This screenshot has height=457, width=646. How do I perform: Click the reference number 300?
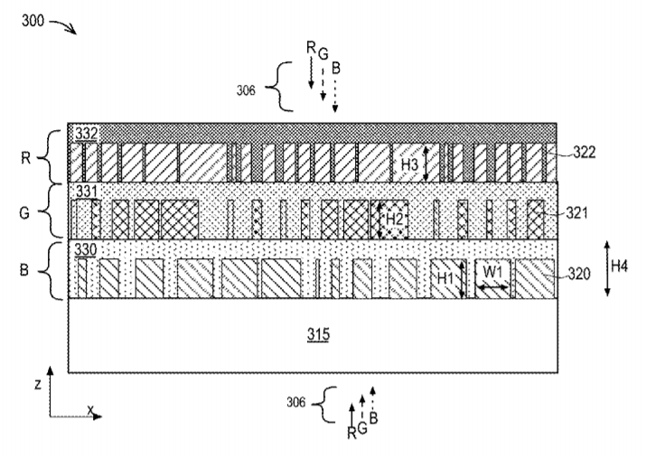(33, 20)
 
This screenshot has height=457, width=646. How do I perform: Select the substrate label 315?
(318, 334)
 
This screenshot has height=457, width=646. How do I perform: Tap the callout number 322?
(585, 153)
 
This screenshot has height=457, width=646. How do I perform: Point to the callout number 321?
(576, 213)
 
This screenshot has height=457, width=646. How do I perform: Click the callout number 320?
(579, 274)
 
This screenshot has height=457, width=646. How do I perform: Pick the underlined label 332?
(87, 134)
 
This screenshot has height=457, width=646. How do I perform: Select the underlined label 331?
(87, 191)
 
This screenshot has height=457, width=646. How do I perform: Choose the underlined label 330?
(86, 249)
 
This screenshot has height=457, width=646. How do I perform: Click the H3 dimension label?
(409, 164)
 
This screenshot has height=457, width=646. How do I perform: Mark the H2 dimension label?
(394, 219)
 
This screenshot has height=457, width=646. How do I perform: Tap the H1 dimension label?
(445, 278)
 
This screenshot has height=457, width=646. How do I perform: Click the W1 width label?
(492, 272)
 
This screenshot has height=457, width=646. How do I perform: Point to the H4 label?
(619, 266)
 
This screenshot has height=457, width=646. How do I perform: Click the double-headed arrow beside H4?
(607, 268)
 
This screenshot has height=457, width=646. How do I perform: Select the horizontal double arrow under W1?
(492, 287)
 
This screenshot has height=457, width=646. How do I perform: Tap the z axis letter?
(38, 385)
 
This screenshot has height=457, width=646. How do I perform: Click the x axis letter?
(90, 410)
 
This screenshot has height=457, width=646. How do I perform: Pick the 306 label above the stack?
(246, 90)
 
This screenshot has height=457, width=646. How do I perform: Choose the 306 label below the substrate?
(296, 402)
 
